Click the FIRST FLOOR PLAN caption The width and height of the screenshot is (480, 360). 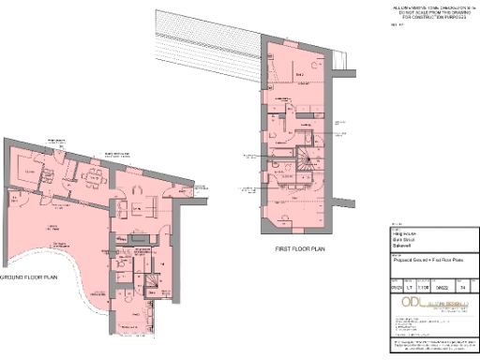click(300, 250)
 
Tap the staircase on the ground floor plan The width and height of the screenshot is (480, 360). click(149, 278)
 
